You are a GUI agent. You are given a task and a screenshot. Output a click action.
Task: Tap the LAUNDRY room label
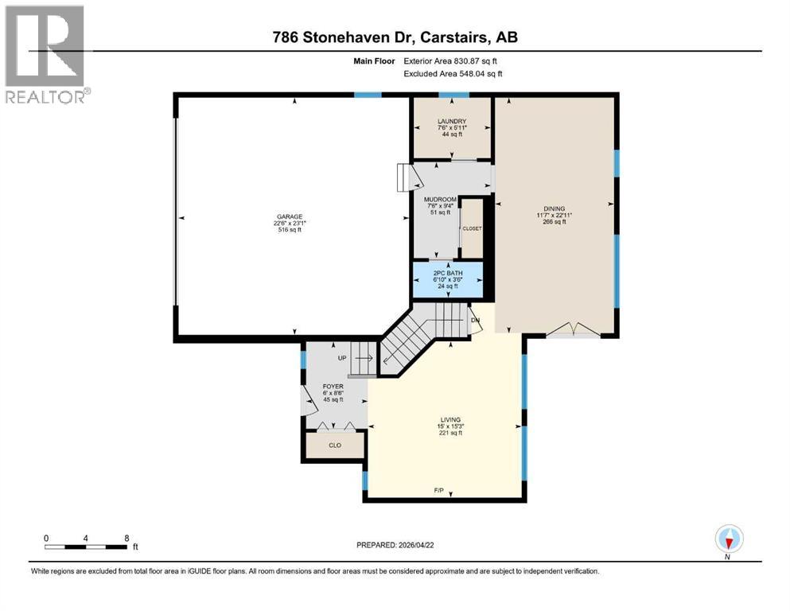point(451,122)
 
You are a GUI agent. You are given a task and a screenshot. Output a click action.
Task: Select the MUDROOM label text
point(439,199)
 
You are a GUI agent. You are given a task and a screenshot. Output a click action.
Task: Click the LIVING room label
point(451,419)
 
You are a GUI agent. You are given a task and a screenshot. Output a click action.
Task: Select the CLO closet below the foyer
point(335,446)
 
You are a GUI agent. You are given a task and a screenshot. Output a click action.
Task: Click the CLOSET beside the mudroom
point(472,228)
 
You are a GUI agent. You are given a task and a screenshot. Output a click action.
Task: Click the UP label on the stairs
point(343,358)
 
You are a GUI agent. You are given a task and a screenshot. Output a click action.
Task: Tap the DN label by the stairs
point(476,320)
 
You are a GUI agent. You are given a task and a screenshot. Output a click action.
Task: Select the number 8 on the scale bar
point(127,538)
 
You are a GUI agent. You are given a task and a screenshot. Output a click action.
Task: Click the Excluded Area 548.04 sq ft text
point(453,73)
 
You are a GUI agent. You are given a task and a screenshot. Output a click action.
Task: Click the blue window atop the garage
point(368,95)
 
